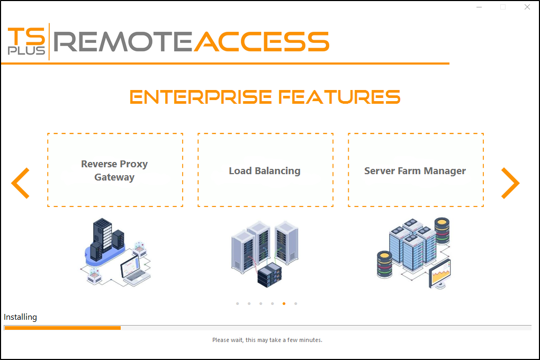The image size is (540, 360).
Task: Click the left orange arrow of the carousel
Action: click(20, 183)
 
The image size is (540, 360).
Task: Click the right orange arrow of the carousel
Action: click(510, 183)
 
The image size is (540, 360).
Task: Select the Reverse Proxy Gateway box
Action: click(115, 170)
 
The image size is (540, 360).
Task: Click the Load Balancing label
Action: click(265, 171)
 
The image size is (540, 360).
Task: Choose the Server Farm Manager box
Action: click(415, 170)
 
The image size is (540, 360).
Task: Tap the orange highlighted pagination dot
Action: click(284, 304)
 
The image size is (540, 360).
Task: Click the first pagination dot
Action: click(237, 304)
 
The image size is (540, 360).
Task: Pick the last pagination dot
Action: click(296, 304)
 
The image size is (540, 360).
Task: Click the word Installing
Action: click(21, 317)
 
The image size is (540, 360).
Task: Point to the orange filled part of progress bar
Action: click(62, 328)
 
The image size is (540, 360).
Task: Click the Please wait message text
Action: click(267, 340)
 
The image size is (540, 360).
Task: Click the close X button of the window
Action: click(527, 7)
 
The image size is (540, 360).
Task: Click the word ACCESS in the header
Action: click(262, 41)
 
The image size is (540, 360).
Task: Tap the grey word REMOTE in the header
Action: click(123, 41)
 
